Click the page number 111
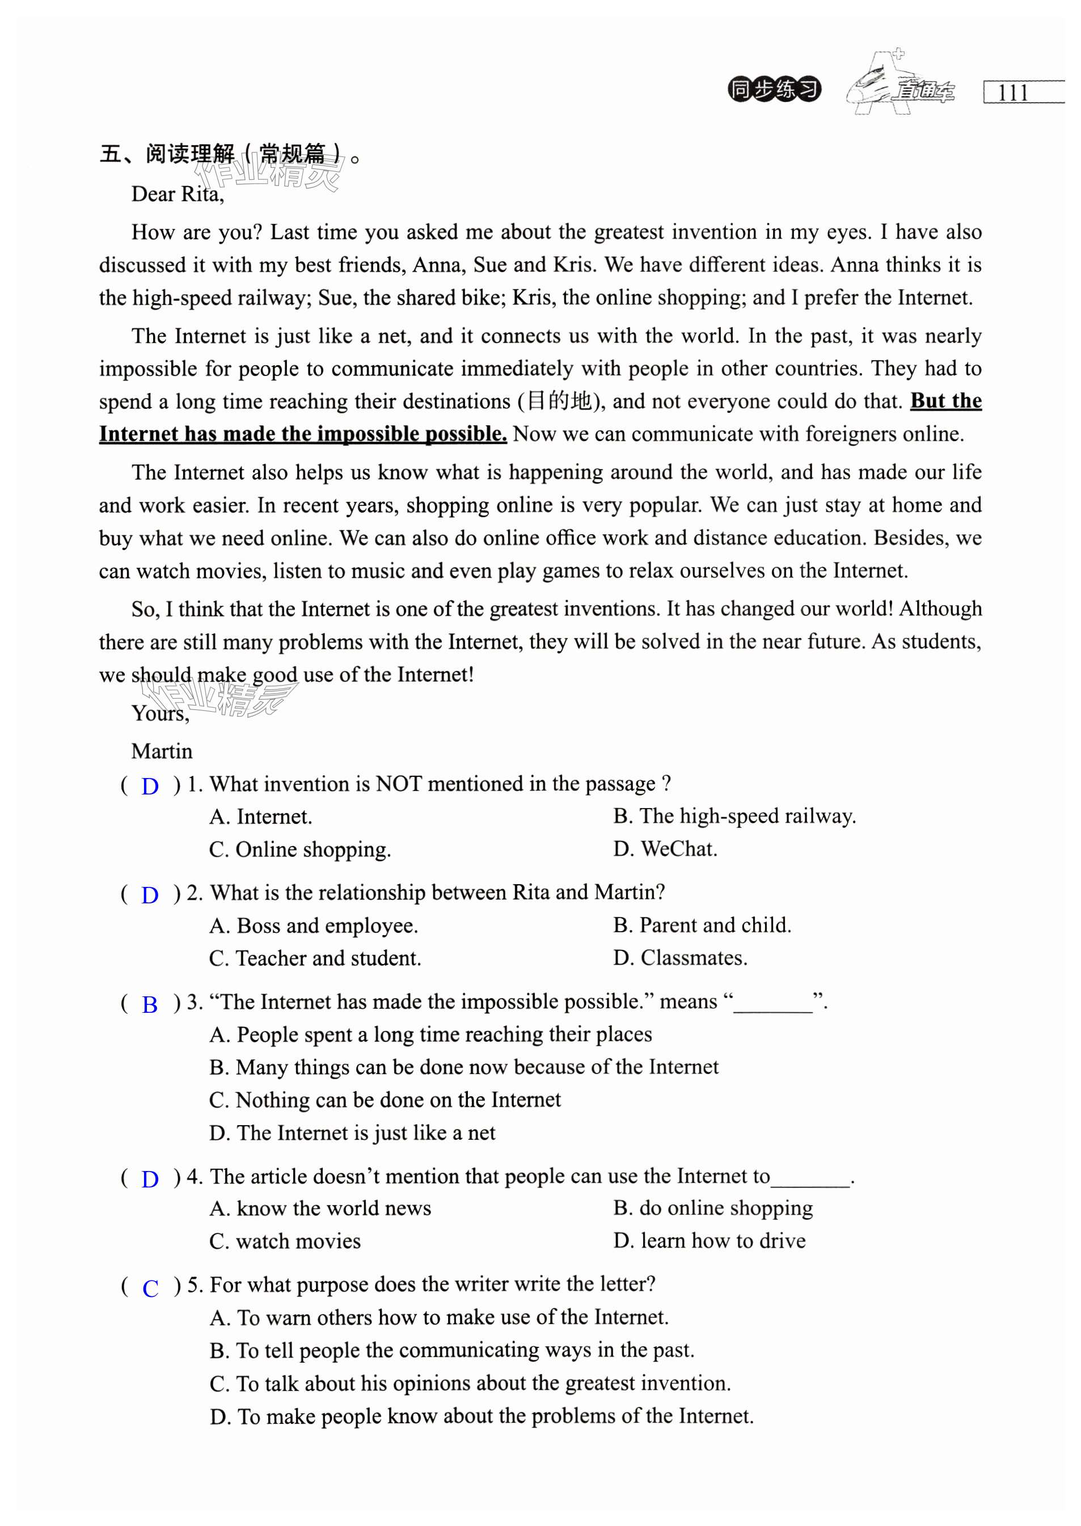click(x=1012, y=92)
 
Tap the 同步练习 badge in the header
click(x=774, y=89)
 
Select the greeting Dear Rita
click(x=177, y=194)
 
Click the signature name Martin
click(x=162, y=751)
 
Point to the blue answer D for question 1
click(x=150, y=786)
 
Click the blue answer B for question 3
click(x=150, y=1004)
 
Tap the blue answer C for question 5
click(x=150, y=1288)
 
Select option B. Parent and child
click(x=702, y=924)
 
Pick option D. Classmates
click(x=680, y=958)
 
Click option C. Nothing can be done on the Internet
click(x=385, y=1100)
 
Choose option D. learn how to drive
click(x=710, y=1241)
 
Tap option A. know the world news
click(x=320, y=1208)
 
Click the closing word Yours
click(x=160, y=713)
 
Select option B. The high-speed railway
click(x=734, y=816)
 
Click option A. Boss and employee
click(x=314, y=925)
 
